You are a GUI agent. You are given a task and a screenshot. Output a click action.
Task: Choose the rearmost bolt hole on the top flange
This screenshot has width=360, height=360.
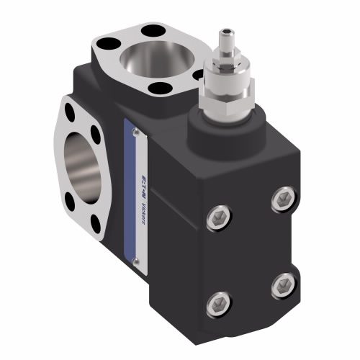pos(153,30)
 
